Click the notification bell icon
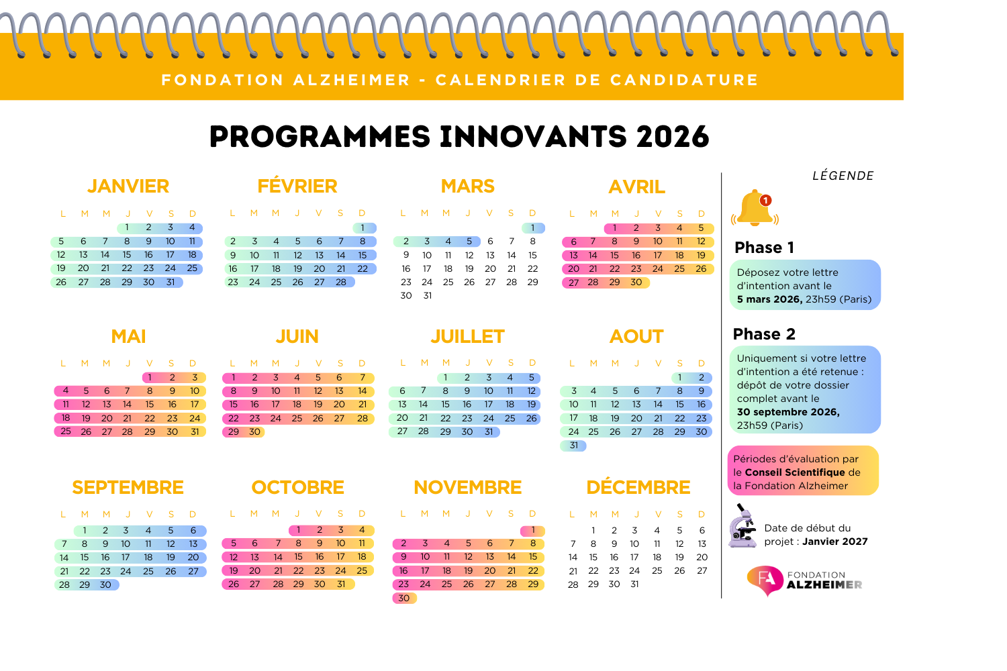tap(754, 209)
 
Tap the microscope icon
tap(742, 528)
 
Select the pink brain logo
tap(765, 580)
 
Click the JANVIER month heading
tap(128, 186)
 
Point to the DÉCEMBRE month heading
tap(638, 487)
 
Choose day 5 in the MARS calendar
tap(469, 242)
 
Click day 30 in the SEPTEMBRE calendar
tap(105, 584)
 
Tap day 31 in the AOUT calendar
tap(573, 446)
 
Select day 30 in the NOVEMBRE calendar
tap(403, 598)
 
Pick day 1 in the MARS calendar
tap(533, 228)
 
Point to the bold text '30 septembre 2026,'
tap(788, 412)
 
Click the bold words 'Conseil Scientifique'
tap(795, 472)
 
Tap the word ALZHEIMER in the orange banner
tap(352, 80)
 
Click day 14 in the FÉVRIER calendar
tap(341, 255)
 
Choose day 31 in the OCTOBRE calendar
tap(341, 584)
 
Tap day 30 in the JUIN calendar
tap(254, 432)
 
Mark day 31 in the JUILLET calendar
tap(489, 432)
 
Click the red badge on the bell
tap(765, 200)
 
